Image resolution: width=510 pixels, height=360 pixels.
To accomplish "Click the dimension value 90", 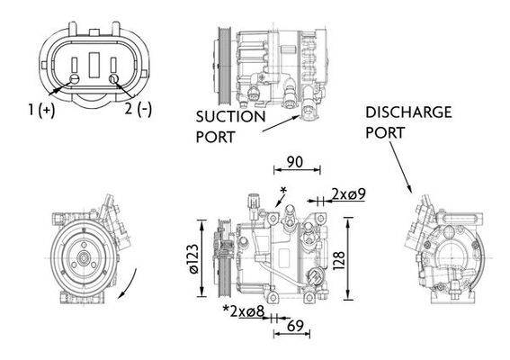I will pyautogui.click(x=292, y=163).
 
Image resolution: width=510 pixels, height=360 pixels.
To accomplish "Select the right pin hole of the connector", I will pyautogui.click(x=113, y=79).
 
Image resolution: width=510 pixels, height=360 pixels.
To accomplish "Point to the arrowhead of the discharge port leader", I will pyautogui.click(x=412, y=192).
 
